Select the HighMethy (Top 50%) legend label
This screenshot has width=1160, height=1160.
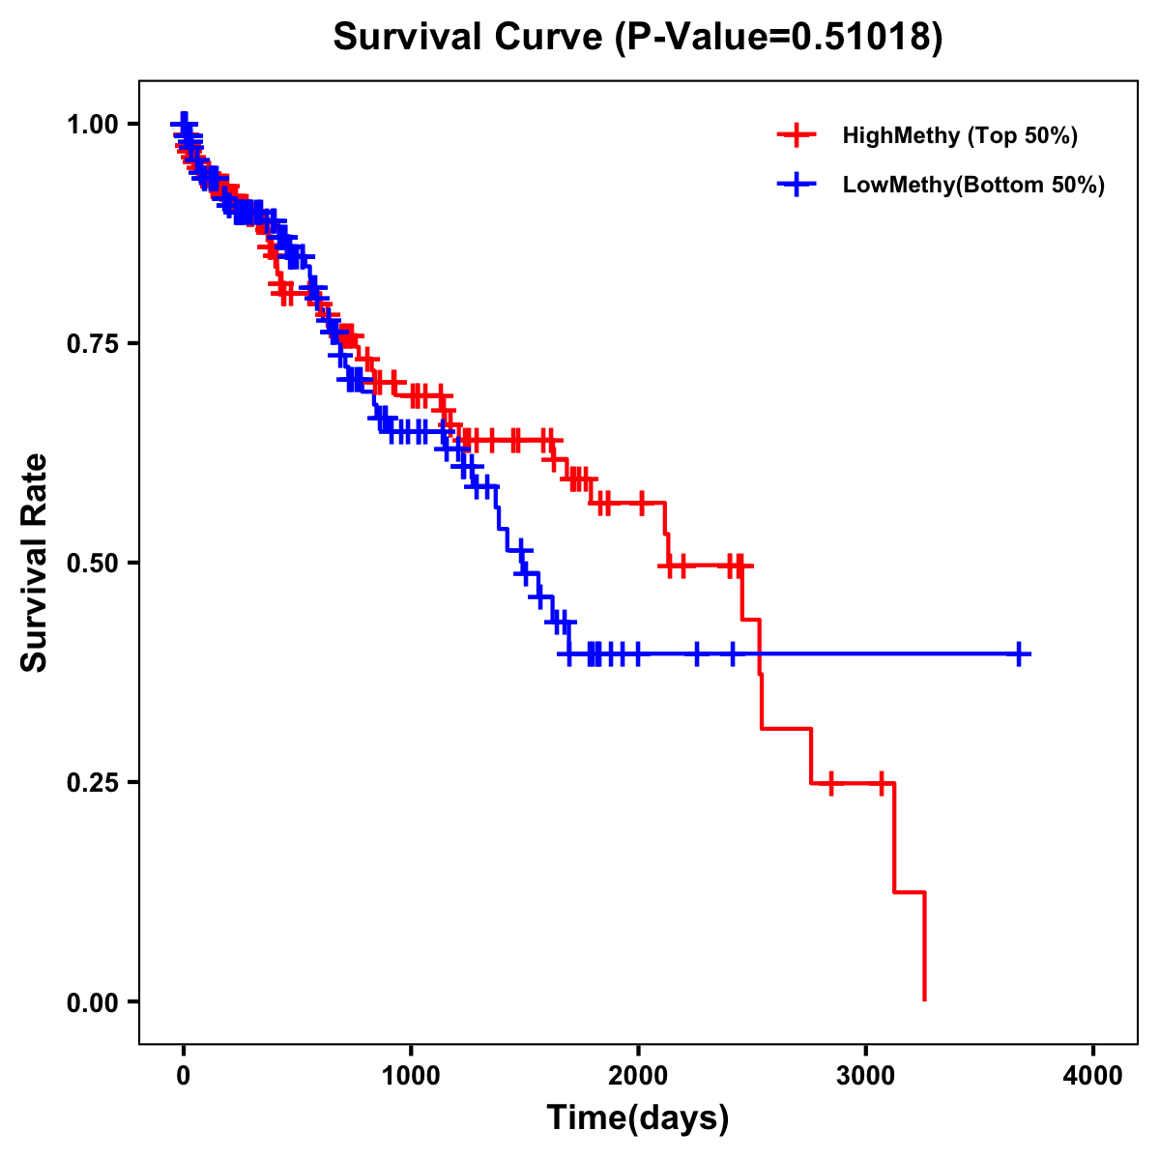coord(959,135)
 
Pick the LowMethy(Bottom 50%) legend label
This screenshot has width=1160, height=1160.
coord(973,186)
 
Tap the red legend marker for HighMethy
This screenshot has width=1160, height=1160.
coord(797,135)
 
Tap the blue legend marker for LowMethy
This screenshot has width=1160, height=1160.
coord(797,186)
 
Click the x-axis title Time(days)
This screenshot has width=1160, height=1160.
coord(638,1118)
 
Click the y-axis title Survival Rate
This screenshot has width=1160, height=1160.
coord(35,562)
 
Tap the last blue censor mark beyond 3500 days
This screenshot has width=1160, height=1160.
coord(1019,654)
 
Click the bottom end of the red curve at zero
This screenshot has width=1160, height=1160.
coord(925,1000)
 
